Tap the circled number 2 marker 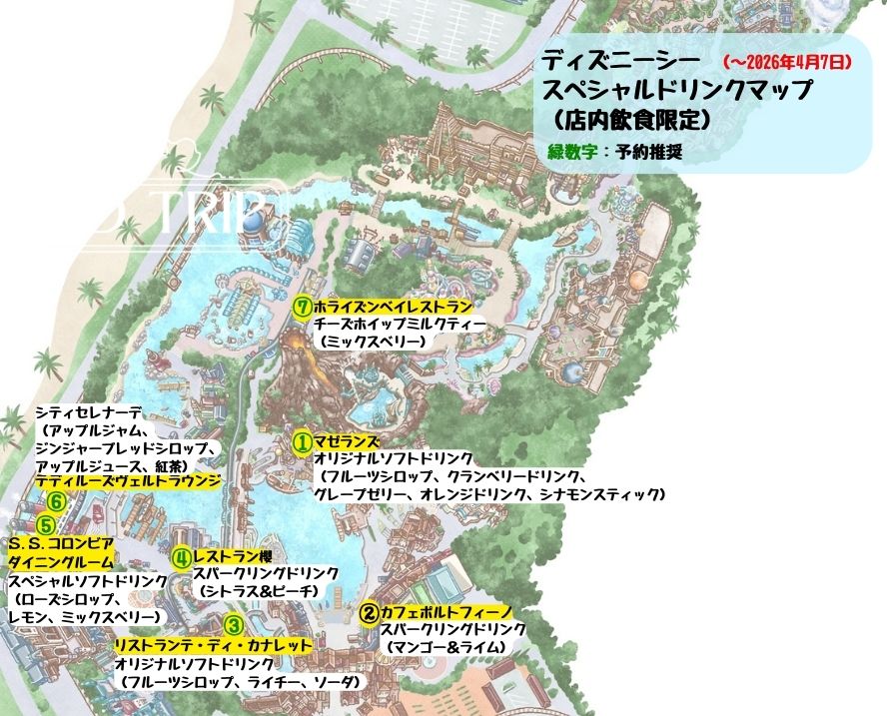368,612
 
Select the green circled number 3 233,626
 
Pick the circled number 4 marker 181,558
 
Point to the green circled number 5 46,524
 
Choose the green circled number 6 57,501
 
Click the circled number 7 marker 302,307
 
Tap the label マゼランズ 347,441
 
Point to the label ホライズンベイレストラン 392,307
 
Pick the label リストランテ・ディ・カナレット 214,645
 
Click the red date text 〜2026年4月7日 784,62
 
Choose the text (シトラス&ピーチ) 258,592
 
